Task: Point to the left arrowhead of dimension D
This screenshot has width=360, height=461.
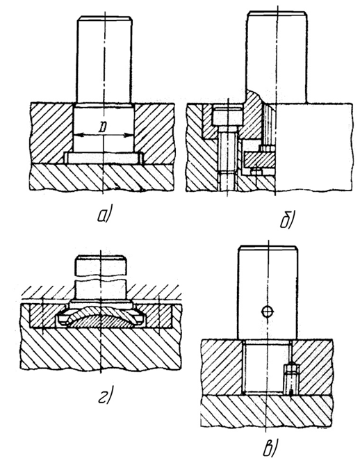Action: coord(76,135)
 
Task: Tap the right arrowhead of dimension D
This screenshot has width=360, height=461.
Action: coord(129,135)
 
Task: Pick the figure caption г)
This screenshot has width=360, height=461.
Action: coord(105,394)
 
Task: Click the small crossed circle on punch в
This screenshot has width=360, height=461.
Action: coord(267,311)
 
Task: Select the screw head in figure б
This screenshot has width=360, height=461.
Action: coord(227,117)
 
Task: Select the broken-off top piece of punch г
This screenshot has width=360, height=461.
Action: coord(101,266)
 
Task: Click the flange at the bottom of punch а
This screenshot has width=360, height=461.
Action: coord(103,158)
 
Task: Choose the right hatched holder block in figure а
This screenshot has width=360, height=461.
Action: coord(155,132)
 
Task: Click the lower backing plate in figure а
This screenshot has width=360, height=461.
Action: coord(102,177)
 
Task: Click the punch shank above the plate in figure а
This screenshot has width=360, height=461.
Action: coord(104,59)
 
